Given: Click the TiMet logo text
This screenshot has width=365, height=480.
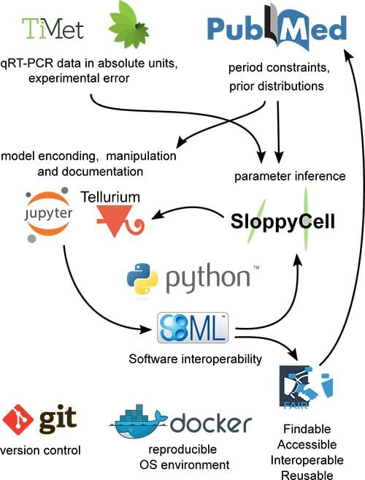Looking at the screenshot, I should click(52, 29).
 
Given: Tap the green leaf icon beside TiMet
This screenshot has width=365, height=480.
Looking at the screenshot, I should click(128, 26).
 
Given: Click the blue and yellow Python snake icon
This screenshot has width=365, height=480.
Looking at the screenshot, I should click(142, 280).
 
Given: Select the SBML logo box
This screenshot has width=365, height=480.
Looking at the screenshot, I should click(194, 327).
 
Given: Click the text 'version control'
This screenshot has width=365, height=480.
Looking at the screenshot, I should click(41, 450).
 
